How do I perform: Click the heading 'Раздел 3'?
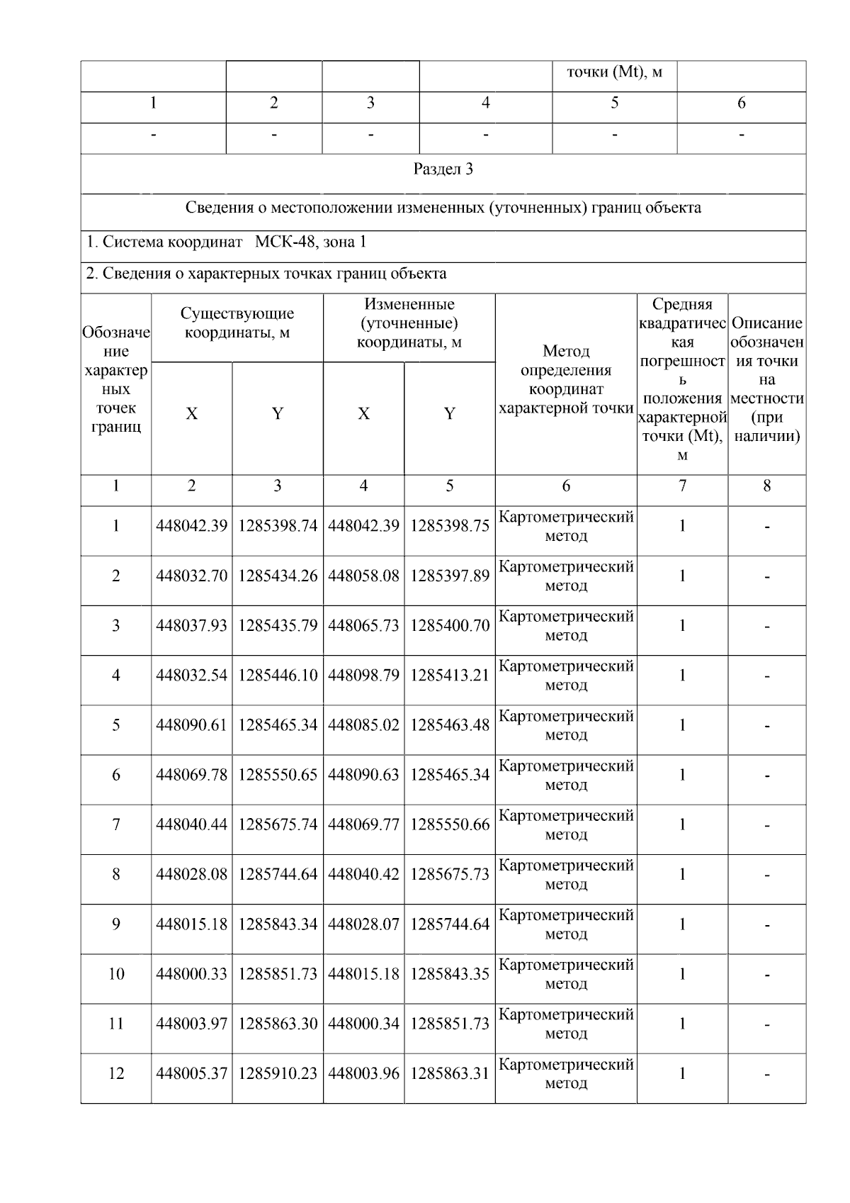point(443,169)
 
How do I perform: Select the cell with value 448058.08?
point(363,576)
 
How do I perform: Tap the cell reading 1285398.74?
point(277,526)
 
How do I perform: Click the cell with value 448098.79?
point(363,676)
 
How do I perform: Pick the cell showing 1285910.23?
point(277,1074)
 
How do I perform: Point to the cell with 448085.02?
point(363,725)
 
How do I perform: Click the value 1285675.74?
point(277,824)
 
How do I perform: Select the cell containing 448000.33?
point(191,974)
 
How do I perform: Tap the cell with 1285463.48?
point(449,725)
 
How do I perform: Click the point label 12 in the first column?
point(116,1074)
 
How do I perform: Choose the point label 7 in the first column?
point(116,824)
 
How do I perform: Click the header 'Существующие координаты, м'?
point(237,323)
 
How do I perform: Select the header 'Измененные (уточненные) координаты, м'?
point(409,323)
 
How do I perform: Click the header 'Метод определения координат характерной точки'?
point(565,379)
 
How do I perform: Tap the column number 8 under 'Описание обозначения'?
point(766,486)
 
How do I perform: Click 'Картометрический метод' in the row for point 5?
point(565,725)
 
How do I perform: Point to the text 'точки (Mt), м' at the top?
point(614,72)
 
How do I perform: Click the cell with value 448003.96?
point(363,1074)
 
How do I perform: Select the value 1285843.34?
point(277,924)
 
